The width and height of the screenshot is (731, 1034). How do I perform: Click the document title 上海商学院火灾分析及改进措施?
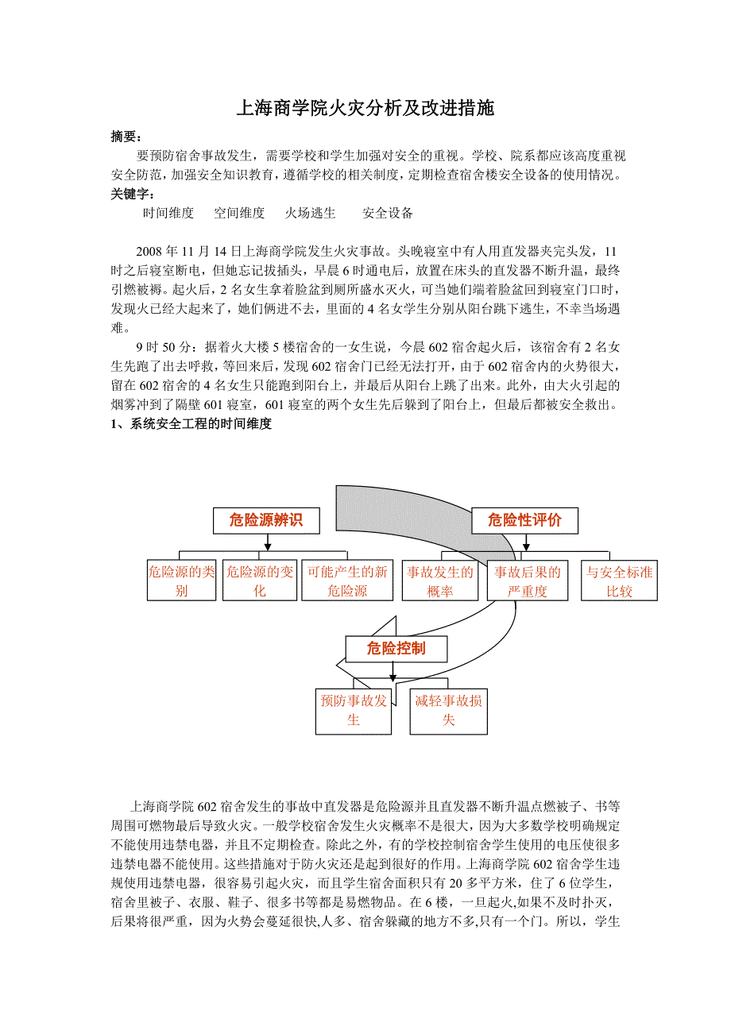pyautogui.click(x=365, y=109)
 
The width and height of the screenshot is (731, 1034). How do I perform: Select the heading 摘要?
pyautogui.click(x=126, y=137)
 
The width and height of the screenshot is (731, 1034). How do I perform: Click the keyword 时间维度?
pyautogui.click(x=168, y=213)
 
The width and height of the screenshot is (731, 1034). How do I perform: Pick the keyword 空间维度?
pyautogui.click(x=239, y=213)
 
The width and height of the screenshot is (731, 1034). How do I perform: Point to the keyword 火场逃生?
pyautogui.click(x=311, y=213)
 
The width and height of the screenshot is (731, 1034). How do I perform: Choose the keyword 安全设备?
pyautogui.click(x=388, y=213)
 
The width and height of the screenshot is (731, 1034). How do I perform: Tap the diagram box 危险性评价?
pyautogui.click(x=524, y=521)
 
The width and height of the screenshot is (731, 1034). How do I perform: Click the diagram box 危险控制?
pyautogui.click(x=396, y=649)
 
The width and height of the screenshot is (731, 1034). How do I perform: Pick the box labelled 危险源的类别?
pyautogui.click(x=182, y=581)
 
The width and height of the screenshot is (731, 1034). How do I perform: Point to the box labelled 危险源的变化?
pyautogui.click(x=260, y=581)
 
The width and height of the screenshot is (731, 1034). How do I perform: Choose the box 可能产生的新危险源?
pyautogui.click(x=347, y=581)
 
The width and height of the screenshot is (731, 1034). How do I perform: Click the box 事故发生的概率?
pyautogui.click(x=439, y=581)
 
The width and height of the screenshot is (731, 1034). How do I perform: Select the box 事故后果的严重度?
pyautogui.click(x=528, y=581)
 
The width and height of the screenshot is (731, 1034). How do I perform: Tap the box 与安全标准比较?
pyautogui.click(x=619, y=581)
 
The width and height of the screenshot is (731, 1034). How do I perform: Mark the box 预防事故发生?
pyautogui.click(x=354, y=710)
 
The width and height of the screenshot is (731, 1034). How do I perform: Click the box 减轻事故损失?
pyautogui.click(x=448, y=710)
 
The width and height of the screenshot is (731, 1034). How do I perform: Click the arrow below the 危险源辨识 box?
pyautogui.click(x=268, y=542)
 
